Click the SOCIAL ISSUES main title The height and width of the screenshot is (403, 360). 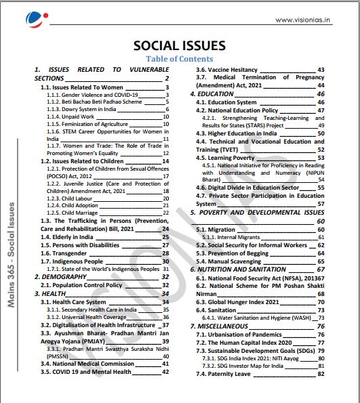pos(179,45)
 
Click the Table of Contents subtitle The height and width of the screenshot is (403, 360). pos(179,60)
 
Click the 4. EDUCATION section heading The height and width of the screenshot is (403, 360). pos(212,93)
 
